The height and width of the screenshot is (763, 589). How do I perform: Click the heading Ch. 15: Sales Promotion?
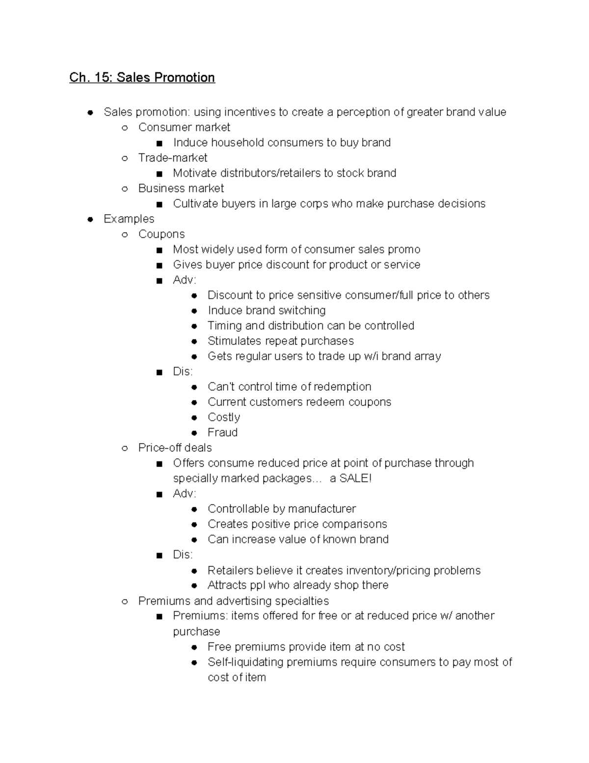click(x=142, y=78)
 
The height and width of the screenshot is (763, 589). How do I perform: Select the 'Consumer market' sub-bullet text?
click(x=184, y=127)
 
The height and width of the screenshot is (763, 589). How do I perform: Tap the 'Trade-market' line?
click(x=173, y=158)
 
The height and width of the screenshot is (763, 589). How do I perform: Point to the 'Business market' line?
click(x=181, y=188)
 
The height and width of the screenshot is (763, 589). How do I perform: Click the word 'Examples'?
click(x=129, y=219)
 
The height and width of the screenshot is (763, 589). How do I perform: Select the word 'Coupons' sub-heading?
click(x=161, y=234)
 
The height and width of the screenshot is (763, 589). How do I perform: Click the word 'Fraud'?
click(x=222, y=432)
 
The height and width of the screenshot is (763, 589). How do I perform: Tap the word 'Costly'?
click(x=224, y=417)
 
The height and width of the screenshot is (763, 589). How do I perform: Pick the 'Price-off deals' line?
click(x=175, y=448)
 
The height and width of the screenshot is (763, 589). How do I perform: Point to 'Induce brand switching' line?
click(x=267, y=311)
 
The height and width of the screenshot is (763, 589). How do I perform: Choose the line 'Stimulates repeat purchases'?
click(x=280, y=341)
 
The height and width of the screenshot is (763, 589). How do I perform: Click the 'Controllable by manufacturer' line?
click(x=282, y=509)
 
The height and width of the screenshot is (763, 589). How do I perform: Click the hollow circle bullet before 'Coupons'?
click(x=125, y=234)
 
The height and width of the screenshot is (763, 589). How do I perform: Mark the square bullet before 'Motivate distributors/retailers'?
click(x=159, y=174)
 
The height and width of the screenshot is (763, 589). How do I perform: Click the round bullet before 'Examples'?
click(x=90, y=219)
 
